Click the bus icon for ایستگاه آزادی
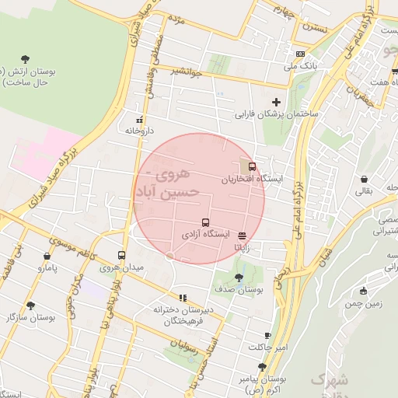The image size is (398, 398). tap(205, 222)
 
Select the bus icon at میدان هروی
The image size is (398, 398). tap(121, 255)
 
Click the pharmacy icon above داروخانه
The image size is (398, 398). tap(140, 120)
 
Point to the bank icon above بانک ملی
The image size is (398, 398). tap(301, 53)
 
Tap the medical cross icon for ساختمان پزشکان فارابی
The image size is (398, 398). tap(276, 102)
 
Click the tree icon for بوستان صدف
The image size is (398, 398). tap(239, 278)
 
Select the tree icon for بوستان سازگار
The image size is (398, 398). tap(30, 305)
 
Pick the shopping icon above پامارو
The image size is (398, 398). tap(47, 255)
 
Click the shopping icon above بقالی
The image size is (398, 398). tap(364, 179)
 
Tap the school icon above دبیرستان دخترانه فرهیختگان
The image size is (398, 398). tap(183, 297)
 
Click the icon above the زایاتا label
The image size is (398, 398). tap(243, 235)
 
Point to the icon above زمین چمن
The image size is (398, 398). tap(363, 292)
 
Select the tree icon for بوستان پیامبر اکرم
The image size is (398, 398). tap(263, 367)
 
